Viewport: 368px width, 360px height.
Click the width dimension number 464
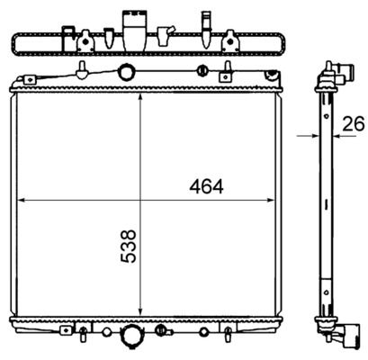point(206,186)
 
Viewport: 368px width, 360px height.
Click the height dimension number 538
point(129,247)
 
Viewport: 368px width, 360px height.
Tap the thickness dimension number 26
point(354,123)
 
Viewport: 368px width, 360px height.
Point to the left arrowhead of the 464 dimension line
point(22,200)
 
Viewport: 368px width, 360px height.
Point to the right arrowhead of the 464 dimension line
point(270,200)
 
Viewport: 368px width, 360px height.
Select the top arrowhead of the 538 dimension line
point(140,98)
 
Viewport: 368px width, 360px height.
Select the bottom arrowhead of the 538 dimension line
point(140,311)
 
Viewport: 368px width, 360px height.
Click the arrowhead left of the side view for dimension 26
point(315,136)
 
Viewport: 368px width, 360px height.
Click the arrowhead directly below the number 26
point(337,136)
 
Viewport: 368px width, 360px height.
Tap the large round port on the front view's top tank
point(126,71)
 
